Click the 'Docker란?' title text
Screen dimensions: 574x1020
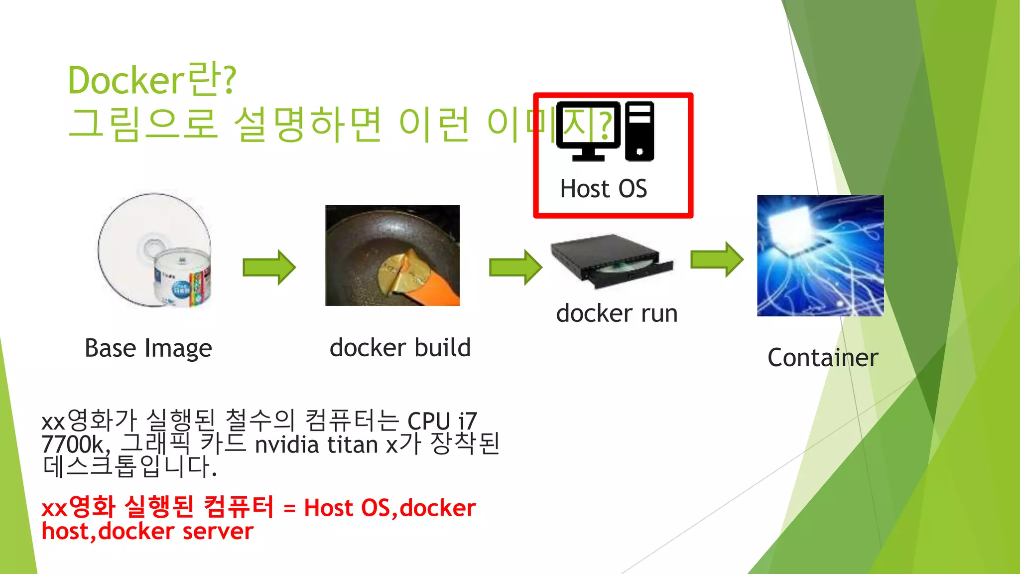coord(152,80)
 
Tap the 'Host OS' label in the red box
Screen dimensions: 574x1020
coord(603,189)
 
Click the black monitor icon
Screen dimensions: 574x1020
coord(588,131)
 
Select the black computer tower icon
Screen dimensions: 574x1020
coord(639,131)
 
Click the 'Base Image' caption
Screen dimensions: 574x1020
coord(148,348)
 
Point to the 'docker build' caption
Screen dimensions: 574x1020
coord(400,347)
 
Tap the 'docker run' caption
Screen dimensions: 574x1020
coord(617,313)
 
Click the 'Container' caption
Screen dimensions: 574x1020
coord(823,358)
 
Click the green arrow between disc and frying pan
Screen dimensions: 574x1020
coord(269,267)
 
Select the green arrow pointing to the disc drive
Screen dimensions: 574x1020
coord(515,267)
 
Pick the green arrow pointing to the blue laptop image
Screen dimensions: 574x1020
coord(717,259)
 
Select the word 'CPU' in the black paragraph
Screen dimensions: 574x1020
coord(429,422)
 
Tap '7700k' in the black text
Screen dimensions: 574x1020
coord(73,444)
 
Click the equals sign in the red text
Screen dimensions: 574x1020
coord(289,509)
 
